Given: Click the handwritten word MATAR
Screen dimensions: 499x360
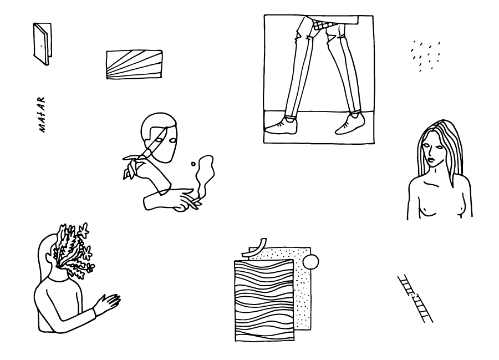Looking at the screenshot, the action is coord(42,115).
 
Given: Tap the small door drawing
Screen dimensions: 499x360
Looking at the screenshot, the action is coord(42,44).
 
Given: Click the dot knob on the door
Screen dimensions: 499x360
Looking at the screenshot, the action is coord(42,45).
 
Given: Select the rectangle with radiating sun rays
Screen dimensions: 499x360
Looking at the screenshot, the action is coord(134,64).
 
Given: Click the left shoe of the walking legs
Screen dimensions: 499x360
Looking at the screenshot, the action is coord(281,126).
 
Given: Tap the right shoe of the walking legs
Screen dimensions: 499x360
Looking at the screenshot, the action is coord(350,124).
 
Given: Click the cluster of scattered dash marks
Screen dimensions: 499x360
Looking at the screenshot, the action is coord(425,55).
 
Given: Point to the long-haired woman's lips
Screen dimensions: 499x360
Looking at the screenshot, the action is coord(432,159).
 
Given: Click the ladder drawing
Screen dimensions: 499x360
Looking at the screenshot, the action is coord(415,298).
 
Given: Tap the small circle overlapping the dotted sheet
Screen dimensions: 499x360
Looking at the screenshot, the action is coord(310,262).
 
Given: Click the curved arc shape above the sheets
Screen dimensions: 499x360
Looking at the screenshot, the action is coord(254,247).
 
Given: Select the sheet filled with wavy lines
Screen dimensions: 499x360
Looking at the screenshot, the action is coord(264,301).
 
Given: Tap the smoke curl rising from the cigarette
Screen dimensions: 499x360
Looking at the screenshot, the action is coord(204,176).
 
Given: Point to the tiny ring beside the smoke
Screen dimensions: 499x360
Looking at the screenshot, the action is coord(193,164).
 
